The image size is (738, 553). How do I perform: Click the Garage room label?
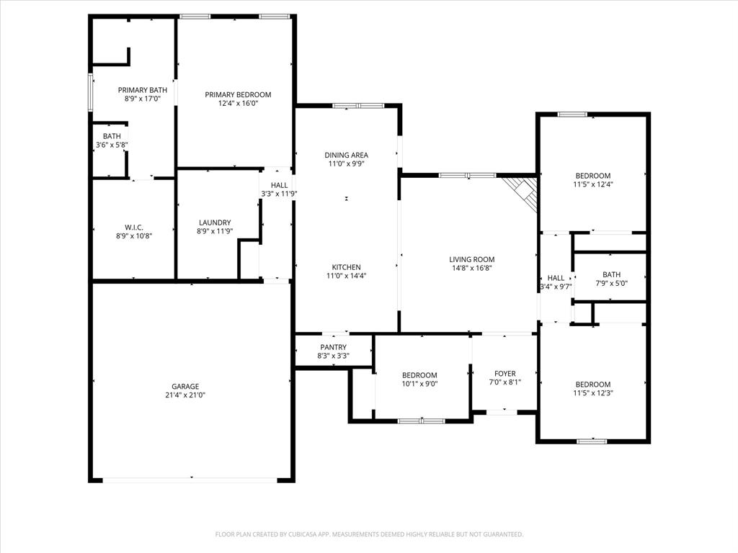pos(185,387)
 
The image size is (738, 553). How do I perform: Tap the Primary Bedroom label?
pos(238,95)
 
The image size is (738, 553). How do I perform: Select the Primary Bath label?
pos(143,90)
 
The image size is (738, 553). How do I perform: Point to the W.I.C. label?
pos(134,228)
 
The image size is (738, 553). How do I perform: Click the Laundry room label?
pos(215,222)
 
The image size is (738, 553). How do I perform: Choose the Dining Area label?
pos(347,155)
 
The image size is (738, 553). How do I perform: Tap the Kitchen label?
pos(347,267)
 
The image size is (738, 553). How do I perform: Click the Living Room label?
pos(472,260)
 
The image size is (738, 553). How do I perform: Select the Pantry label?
pos(333,348)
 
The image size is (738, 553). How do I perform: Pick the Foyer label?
pos(504,374)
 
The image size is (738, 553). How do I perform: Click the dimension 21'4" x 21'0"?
pos(185,395)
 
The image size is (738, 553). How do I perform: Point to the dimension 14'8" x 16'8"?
pos(472,269)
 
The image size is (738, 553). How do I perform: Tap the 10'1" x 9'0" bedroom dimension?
pos(419,384)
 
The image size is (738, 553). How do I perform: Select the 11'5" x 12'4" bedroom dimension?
pos(592,184)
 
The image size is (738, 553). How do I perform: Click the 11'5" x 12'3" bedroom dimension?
pos(592,393)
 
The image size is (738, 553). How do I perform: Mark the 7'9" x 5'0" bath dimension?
pos(611,283)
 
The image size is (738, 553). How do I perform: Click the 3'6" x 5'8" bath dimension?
pos(112,145)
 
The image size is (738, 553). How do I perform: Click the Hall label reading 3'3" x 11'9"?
pos(279,194)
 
